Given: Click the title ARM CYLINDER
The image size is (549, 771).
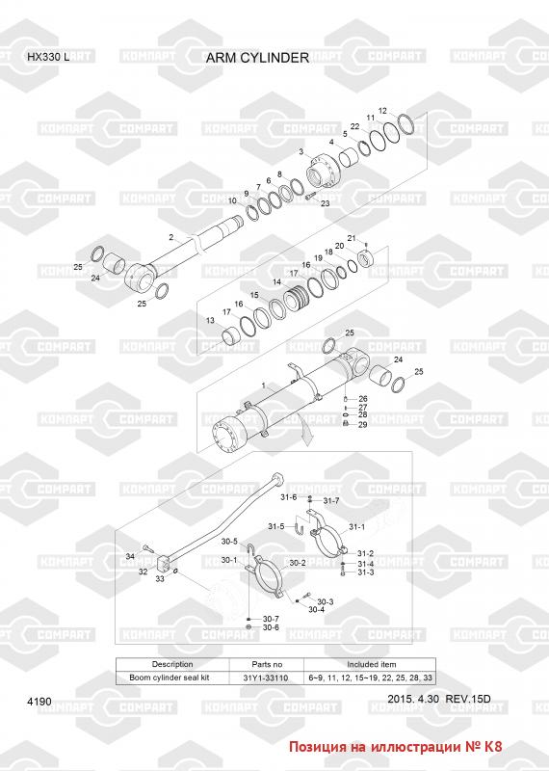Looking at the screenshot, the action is [x=257, y=58].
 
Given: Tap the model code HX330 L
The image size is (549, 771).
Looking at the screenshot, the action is [x=48, y=57].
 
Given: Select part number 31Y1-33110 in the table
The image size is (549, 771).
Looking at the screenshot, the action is [x=266, y=678].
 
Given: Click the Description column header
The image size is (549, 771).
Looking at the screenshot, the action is [x=172, y=664].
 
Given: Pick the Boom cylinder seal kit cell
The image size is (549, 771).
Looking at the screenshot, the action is [x=170, y=678].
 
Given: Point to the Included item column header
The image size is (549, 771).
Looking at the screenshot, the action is [x=372, y=664].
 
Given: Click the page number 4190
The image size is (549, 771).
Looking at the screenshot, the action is [x=39, y=702].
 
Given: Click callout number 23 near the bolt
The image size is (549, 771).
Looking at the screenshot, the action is [x=325, y=203].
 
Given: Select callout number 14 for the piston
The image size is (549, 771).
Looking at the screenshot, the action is [x=277, y=282].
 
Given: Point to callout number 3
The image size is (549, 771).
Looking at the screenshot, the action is [x=301, y=152].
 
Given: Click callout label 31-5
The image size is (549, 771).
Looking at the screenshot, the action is [x=276, y=526].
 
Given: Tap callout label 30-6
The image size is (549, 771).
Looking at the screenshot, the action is [x=271, y=627].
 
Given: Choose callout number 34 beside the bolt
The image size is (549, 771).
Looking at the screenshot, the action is [x=130, y=556].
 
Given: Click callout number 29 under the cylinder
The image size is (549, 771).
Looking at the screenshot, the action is [x=363, y=424].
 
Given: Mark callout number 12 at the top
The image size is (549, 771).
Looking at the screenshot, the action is [x=383, y=111].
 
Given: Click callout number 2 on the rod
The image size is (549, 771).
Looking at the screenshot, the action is [x=171, y=237].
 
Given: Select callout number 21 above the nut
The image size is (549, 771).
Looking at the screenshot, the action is [x=352, y=238].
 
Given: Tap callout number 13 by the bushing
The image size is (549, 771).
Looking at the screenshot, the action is [x=210, y=321].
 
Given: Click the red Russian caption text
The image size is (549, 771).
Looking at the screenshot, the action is [x=396, y=746].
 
